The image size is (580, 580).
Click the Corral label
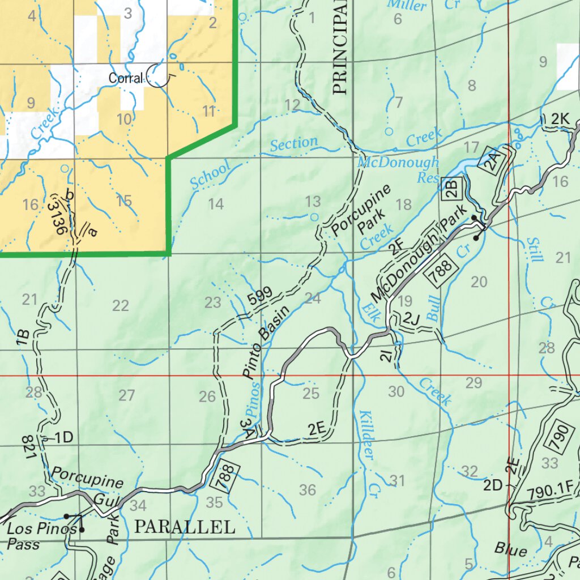pyautogui.click(x=125, y=78)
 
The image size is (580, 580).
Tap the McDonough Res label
pyautogui.click(x=399, y=170)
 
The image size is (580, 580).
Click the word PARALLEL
pyautogui.click(x=185, y=527)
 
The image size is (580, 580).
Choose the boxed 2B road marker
pyautogui.click(x=452, y=188)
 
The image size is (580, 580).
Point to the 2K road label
pyautogui.click(x=560, y=119)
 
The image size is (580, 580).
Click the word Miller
pyautogui.click(x=406, y=6)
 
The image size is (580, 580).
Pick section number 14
pyautogui.click(x=215, y=204)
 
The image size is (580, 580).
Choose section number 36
pyautogui.click(x=307, y=490)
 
